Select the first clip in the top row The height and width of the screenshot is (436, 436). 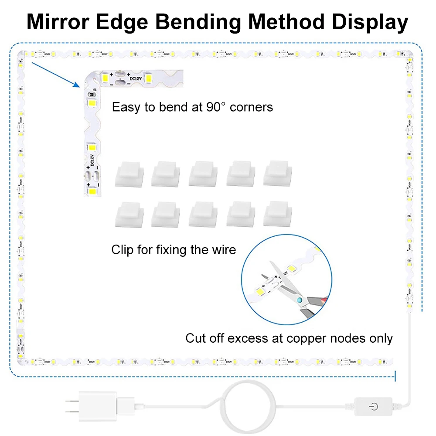click(x=129, y=174)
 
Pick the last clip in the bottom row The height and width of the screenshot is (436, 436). click(x=277, y=214)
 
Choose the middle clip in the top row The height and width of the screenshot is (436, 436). click(x=203, y=174)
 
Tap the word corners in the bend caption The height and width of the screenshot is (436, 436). click(x=252, y=107)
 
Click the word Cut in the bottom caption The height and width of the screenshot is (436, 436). click(x=195, y=338)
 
